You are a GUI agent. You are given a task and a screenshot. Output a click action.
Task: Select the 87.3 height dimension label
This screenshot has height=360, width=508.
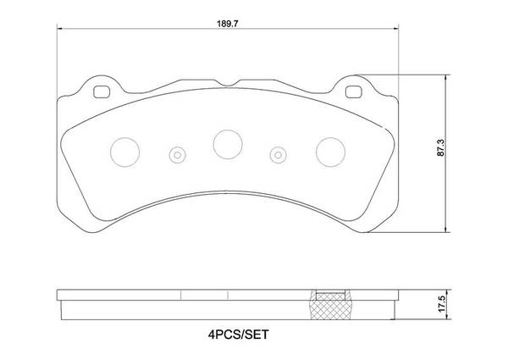[440, 147]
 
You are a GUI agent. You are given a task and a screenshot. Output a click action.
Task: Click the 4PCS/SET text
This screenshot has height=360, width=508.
[238, 335]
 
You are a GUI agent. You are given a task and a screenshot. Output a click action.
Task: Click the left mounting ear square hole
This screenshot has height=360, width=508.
[102, 92]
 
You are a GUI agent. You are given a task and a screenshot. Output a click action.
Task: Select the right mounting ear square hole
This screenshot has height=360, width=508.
[353, 92]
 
